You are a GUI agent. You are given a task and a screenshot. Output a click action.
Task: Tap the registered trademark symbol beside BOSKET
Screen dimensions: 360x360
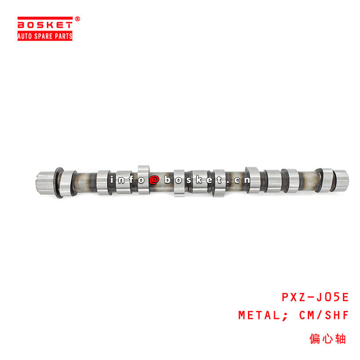77,19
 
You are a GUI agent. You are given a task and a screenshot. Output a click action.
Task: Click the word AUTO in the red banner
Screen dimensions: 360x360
26,36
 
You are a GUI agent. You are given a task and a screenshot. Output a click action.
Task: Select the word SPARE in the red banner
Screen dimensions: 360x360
45,36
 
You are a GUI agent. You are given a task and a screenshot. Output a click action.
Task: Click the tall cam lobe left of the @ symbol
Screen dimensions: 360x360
144,180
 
